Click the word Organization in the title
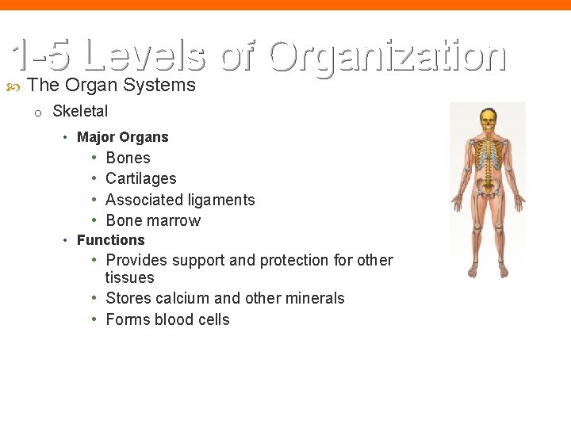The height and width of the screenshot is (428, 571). [x=387, y=55]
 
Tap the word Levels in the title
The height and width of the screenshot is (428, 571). [x=144, y=55]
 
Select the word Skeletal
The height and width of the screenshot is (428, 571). [x=80, y=111]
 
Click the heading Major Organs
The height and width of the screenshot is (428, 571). [x=122, y=137]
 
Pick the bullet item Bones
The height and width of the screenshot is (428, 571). [x=128, y=158]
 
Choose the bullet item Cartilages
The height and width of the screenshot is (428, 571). [x=140, y=178]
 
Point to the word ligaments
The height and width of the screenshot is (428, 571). [x=217, y=200]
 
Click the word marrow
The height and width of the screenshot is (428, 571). [x=175, y=220]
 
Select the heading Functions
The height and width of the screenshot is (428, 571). [x=110, y=240]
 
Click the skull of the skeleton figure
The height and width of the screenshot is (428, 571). [x=488, y=120]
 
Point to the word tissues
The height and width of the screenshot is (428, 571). [x=130, y=277]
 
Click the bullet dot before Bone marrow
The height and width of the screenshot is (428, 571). [x=94, y=220]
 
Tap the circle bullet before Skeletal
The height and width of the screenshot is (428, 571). [x=36, y=113]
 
